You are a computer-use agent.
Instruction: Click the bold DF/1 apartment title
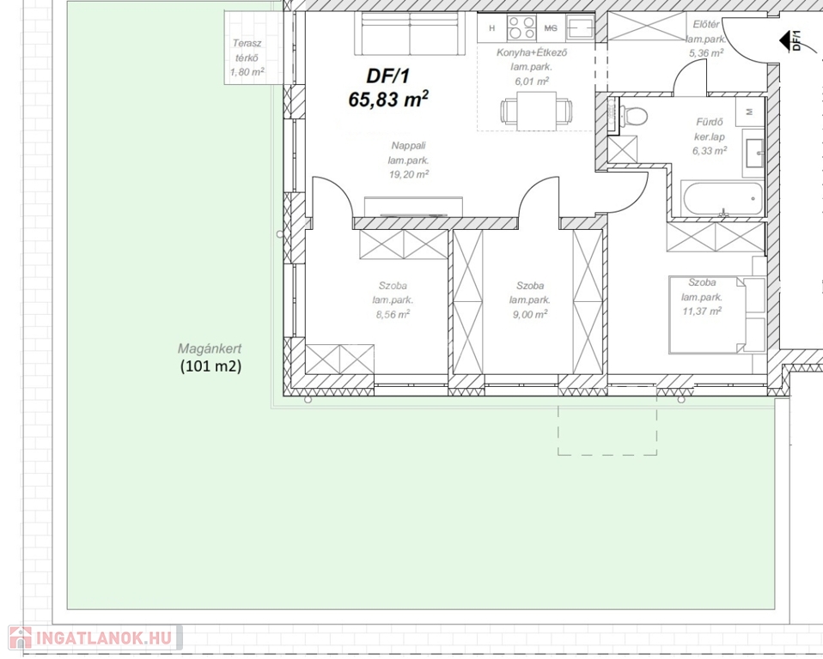click(387, 76)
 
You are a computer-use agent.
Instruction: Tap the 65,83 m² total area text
click(388, 99)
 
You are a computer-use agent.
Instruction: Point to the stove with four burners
click(521, 28)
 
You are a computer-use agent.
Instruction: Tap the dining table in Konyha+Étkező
click(536, 112)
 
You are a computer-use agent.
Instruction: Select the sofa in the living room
click(410, 33)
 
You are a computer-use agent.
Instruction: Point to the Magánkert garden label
click(210, 348)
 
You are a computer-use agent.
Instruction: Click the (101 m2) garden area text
click(210, 366)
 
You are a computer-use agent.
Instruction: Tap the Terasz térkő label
click(247, 51)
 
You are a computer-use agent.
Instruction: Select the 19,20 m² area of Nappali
click(409, 174)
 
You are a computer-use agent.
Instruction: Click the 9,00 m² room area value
click(530, 314)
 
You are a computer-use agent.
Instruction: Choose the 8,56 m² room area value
click(393, 315)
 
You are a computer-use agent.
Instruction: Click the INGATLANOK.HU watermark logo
click(95, 638)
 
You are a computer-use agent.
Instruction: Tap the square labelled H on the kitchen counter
click(491, 28)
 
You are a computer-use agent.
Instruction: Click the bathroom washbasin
click(753, 153)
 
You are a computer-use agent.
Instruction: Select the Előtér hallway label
click(705, 25)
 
